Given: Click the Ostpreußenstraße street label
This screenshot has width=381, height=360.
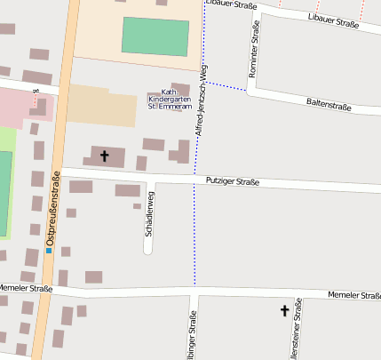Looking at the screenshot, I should click(52, 208).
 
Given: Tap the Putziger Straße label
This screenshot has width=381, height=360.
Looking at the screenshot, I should click(232, 182).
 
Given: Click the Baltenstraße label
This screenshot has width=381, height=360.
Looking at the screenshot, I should click(328, 107).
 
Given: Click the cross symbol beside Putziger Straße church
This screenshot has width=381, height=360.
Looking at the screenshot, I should click(104, 156).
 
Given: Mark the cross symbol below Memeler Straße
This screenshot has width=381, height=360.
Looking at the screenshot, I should click(285, 310).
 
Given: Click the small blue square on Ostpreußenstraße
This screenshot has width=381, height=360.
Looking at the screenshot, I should click(49, 250).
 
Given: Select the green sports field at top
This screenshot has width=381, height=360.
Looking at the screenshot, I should click(155, 36).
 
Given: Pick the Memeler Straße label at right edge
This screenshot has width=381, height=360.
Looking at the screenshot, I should click(353, 295).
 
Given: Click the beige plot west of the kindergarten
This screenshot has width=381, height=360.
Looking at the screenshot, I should click(102, 105).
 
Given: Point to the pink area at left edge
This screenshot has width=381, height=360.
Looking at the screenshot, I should click(18, 105).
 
